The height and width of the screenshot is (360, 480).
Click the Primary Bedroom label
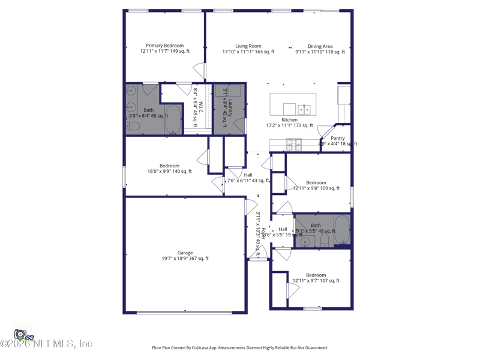point(165,46)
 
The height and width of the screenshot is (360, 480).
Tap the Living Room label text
point(248,46)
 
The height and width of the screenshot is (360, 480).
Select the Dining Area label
point(320,46)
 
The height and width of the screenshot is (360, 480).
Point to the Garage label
point(185,253)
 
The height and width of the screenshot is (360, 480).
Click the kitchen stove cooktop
point(293,144)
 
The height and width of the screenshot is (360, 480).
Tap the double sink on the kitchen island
point(304,109)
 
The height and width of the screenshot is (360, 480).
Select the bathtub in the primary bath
point(173,119)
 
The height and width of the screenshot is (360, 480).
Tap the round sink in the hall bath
point(305,242)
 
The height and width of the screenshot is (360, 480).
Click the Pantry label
point(337,138)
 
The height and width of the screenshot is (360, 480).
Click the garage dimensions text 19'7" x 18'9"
point(185,259)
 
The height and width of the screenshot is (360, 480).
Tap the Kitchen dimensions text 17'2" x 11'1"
point(289,125)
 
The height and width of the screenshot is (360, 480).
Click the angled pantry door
point(326,131)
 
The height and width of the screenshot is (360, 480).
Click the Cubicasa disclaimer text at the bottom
point(240,347)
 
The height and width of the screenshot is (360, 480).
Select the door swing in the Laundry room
point(239,126)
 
